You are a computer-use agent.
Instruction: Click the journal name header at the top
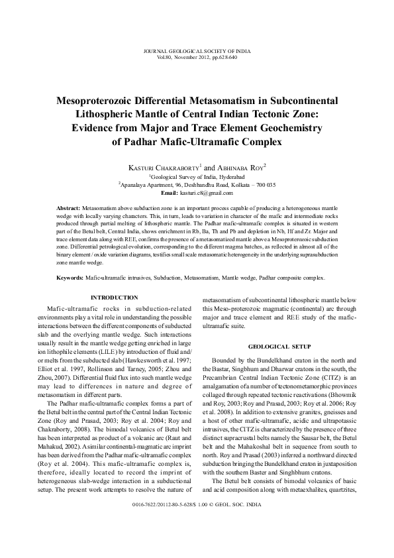[197, 51]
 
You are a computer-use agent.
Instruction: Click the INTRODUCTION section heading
[114, 298]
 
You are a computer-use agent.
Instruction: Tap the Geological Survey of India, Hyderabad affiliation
[197, 178]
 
